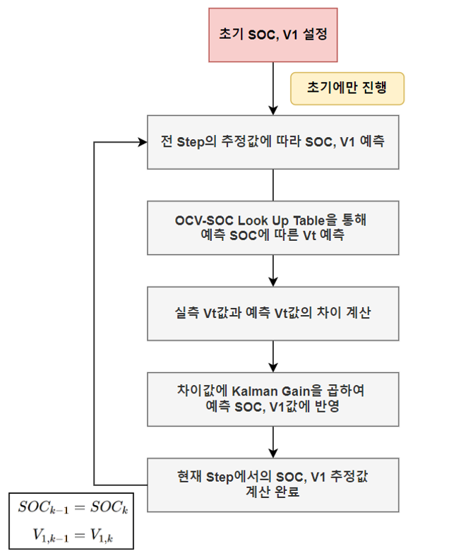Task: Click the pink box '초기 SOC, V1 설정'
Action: pos(273,35)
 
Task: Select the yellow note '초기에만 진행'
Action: pos(347,90)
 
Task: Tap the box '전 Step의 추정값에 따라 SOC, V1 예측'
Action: pos(273,142)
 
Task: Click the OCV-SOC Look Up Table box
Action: pos(273,228)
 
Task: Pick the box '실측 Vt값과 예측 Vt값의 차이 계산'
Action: pos(273,314)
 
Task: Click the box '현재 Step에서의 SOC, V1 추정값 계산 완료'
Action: pos(273,485)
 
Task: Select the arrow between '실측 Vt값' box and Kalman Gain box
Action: pos(273,357)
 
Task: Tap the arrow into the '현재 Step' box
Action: pos(273,442)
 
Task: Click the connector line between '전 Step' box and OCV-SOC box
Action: pos(273,185)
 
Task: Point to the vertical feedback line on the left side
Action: pos(95,311)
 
